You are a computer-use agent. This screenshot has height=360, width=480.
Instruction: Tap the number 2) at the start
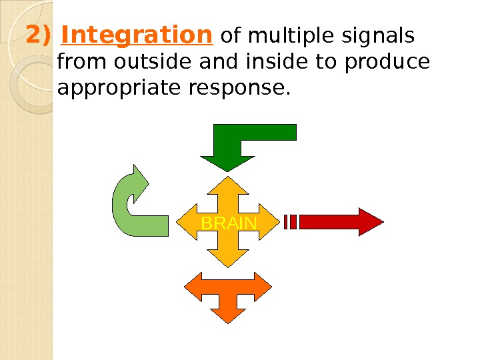(x=39, y=35)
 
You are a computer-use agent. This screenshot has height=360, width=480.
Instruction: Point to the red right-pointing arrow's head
(x=370, y=222)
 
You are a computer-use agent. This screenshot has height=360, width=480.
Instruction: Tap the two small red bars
(x=290, y=222)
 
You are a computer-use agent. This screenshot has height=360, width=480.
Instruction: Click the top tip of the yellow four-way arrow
(x=229, y=178)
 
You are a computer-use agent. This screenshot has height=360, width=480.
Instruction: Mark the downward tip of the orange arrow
(x=228, y=321)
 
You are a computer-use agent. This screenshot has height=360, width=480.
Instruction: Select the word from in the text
(x=74, y=63)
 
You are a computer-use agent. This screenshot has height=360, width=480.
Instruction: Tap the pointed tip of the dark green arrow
(x=228, y=171)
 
